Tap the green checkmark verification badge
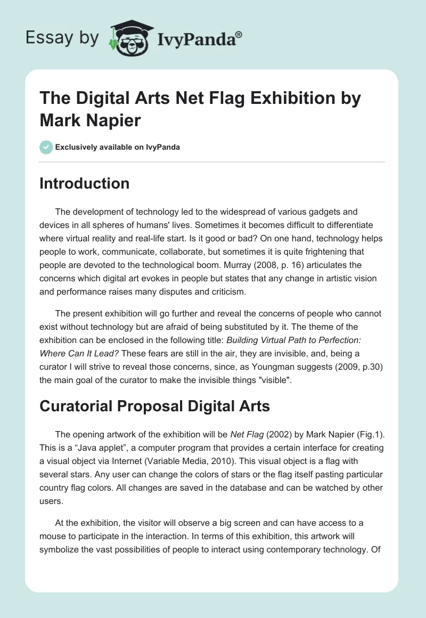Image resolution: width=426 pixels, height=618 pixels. click(x=46, y=147)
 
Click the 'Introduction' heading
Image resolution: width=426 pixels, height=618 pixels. click(x=84, y=183)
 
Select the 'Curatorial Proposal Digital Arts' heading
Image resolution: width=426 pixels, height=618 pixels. click(x=154, y=406)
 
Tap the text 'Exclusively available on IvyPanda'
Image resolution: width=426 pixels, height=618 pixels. click(x=117, y=147)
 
